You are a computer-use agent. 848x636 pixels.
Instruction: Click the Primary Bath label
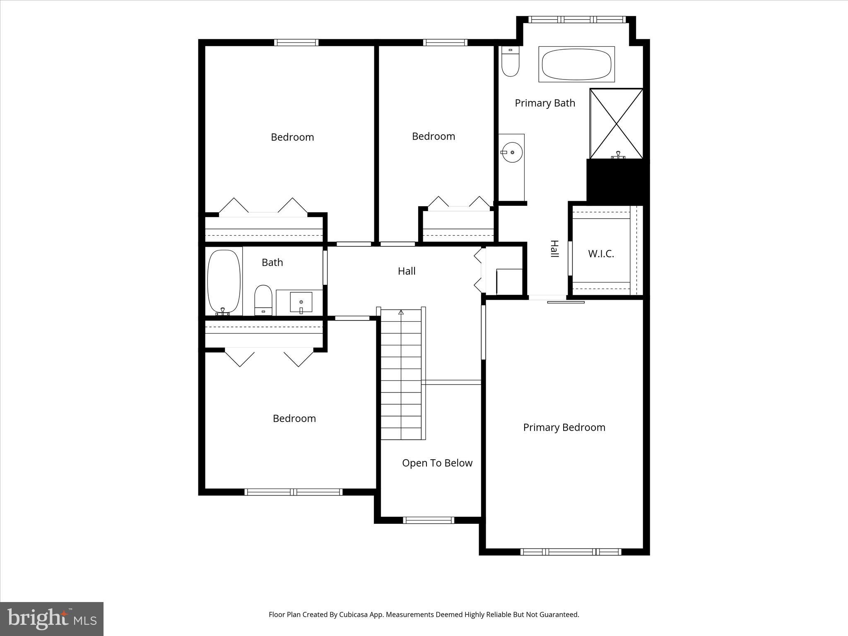click(x=545, y=103)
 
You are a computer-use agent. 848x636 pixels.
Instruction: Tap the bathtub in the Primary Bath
click(x=576, y=64)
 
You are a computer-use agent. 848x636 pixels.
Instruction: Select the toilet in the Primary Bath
click(x=510, y=62)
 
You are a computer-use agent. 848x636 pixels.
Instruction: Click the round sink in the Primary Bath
click(x=513, y=152)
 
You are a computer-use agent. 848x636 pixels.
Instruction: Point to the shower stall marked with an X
click(x=617, y=123)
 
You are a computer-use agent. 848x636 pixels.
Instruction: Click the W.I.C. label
click(x=601, y=254)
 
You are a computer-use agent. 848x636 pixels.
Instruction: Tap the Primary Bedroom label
click(x=564, y=427)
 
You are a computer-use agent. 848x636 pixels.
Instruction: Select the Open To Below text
click(x=437, y=463)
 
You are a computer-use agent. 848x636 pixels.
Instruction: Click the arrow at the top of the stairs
click(x=401, y=312)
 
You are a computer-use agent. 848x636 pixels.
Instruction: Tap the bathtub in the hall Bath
click(x=224, y=282)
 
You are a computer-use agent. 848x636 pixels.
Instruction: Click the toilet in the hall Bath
click(x=263, y=299)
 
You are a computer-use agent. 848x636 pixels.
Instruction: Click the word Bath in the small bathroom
click(x=272, y=263)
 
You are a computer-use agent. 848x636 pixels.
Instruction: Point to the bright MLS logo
click(x=52, y=619)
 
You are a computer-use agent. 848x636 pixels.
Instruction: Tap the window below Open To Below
click(x=429, y=520)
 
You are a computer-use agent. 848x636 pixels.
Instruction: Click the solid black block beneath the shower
click(x=618, y=180)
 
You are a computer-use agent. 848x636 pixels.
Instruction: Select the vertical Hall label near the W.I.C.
click(x=554, y=249)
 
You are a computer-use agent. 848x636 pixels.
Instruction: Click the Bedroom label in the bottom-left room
click(x=294, y=419)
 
